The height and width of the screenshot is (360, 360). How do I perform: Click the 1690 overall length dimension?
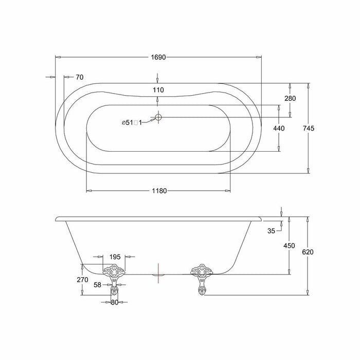point(158,57)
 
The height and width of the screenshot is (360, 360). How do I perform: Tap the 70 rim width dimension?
point(79,77)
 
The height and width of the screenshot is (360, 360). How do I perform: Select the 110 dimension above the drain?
point(158,90)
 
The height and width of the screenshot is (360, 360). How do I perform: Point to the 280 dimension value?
point(290,98)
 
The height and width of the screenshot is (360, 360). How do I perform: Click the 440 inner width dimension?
point(279,128)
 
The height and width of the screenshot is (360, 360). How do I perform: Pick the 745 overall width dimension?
point(309,128)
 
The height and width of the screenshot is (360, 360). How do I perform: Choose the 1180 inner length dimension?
point(159,191)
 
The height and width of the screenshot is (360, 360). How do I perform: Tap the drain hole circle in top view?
point(158,117)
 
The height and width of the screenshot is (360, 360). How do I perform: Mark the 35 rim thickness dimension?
point(271,231)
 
